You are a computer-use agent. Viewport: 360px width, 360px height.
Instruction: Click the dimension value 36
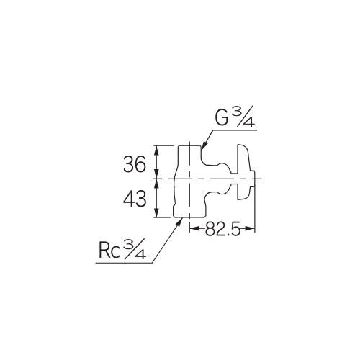135,164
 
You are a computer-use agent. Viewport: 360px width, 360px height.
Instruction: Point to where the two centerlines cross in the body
189,177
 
